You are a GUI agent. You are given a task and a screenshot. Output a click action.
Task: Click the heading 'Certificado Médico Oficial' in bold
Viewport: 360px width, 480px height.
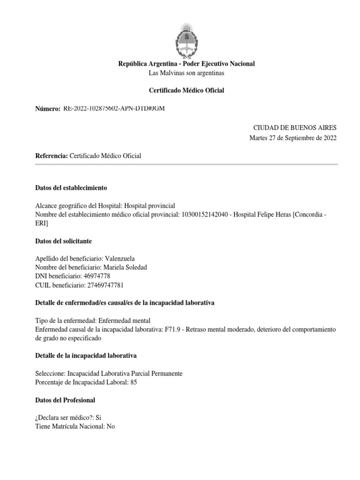[186, 90]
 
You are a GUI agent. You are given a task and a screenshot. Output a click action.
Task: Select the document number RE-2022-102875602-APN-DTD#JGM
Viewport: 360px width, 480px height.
[114, 109]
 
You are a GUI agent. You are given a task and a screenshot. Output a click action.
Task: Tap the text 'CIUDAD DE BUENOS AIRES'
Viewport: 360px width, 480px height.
[294, 128]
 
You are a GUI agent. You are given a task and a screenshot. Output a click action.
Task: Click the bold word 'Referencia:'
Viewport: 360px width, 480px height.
[52, 156]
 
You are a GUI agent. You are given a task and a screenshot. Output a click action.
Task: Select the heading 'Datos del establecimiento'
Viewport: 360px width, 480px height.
[71, 188]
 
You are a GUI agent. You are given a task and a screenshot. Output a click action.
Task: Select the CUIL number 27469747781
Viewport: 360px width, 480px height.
[103, 285]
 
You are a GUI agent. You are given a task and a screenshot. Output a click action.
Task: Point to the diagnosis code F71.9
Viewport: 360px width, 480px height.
[170, 330]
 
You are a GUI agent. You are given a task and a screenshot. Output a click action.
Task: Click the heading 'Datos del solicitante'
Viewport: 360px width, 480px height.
[64, 241]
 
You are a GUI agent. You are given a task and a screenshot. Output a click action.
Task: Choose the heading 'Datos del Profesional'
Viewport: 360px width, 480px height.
[65, 400]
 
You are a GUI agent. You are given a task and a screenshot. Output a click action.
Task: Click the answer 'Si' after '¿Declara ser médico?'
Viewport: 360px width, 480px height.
[98, 418]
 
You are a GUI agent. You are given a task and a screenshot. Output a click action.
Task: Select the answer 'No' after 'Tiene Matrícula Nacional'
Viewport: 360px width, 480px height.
[111, 427]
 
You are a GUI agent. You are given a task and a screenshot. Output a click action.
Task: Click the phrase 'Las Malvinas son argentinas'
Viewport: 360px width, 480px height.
[186, 73]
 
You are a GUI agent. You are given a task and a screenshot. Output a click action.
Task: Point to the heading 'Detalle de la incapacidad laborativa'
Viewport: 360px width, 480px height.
[86, 356]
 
